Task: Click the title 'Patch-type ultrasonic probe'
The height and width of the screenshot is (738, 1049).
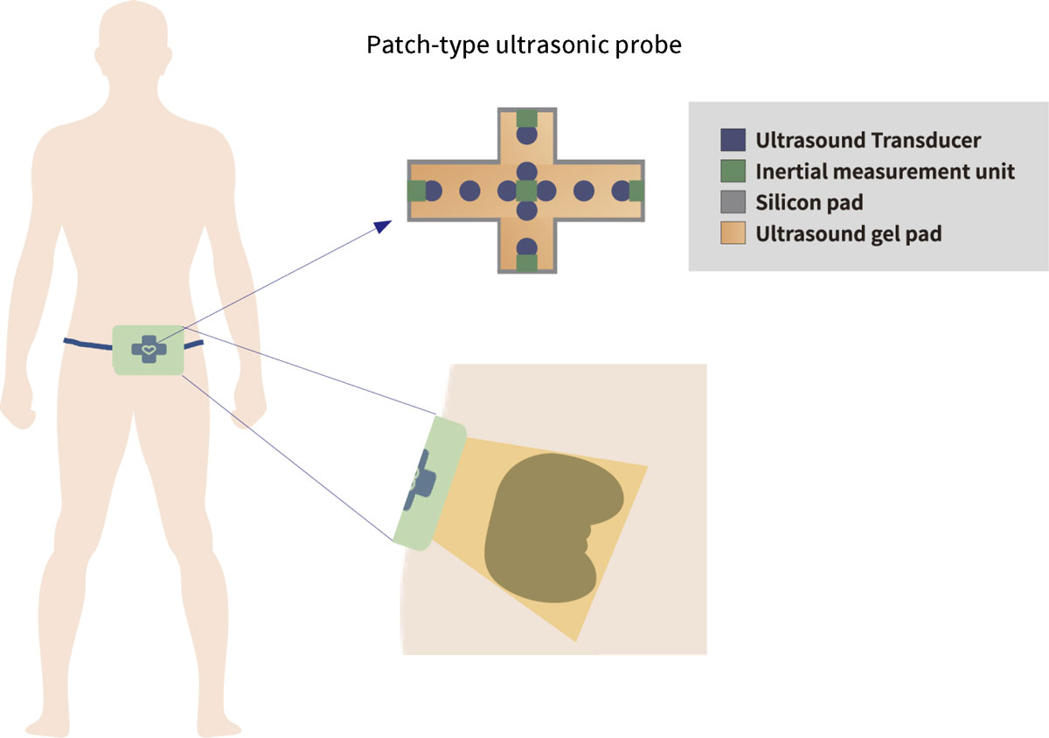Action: tap(524, 45)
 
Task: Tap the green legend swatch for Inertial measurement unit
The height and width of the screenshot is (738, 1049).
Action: tap(733, 171)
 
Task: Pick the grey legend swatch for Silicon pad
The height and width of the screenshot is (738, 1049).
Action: tap(733, 203)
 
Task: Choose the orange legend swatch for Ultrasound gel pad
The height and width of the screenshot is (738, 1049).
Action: tap(733, 233)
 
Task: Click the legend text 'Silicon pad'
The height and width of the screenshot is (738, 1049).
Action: tap(809, 203)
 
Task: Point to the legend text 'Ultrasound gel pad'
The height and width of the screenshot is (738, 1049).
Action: tap(848, 234)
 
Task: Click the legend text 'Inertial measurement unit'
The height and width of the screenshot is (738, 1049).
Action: tap(885, 171)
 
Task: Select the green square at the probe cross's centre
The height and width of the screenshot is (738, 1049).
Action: tap(526, 191)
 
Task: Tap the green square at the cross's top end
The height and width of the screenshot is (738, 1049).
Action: tap(526, 118)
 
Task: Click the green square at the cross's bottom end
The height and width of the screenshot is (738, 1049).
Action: tap(526, 262)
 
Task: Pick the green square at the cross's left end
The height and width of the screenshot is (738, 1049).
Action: tap(417, 191)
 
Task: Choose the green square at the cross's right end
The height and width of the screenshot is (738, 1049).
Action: tap(636, 191)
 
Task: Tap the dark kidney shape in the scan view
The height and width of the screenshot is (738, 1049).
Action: tap(551, 525)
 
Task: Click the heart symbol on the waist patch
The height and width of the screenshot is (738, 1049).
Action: tap(149, 349)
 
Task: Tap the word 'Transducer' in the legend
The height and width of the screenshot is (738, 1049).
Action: tap(930, 140)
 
